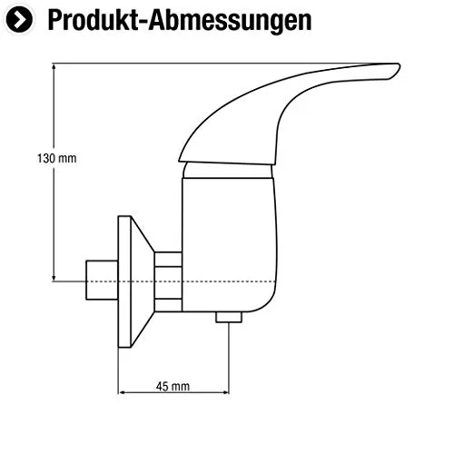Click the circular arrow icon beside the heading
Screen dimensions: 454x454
(19, 20)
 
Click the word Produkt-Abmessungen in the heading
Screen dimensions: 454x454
(180, 20)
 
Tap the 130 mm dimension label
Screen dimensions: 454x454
(56, 158)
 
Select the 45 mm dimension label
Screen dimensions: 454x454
(173, 386)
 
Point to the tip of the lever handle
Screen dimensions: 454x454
(399, 66)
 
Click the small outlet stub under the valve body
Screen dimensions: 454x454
(229, 317)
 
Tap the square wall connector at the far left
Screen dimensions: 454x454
(102, 280)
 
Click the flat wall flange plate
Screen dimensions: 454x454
(124, 281)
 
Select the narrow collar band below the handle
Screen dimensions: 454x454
(228, 171)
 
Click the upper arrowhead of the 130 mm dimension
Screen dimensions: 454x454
(54, 66)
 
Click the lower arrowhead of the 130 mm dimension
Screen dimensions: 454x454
(54, 279)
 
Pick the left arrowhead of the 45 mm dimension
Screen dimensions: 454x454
(121, 392)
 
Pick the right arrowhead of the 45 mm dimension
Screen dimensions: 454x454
(226, 392)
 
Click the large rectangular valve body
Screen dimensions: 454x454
(230, 244)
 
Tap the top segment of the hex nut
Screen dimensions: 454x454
(168, 260)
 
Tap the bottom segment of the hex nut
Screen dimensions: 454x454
(168, 305)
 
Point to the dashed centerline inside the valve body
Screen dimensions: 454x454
(230, 281)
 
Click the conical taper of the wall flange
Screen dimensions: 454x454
(142, 281)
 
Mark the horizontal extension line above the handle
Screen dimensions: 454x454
(212, 64)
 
